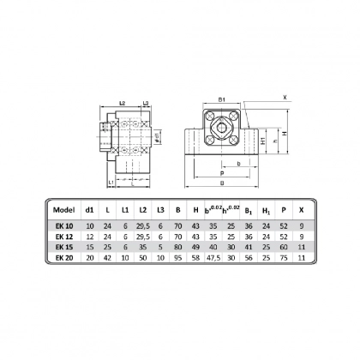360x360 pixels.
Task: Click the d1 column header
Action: [x=89, y=209]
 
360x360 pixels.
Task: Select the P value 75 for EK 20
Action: [x=285, y=256]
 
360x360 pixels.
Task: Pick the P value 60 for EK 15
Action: [x=285, y=245]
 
